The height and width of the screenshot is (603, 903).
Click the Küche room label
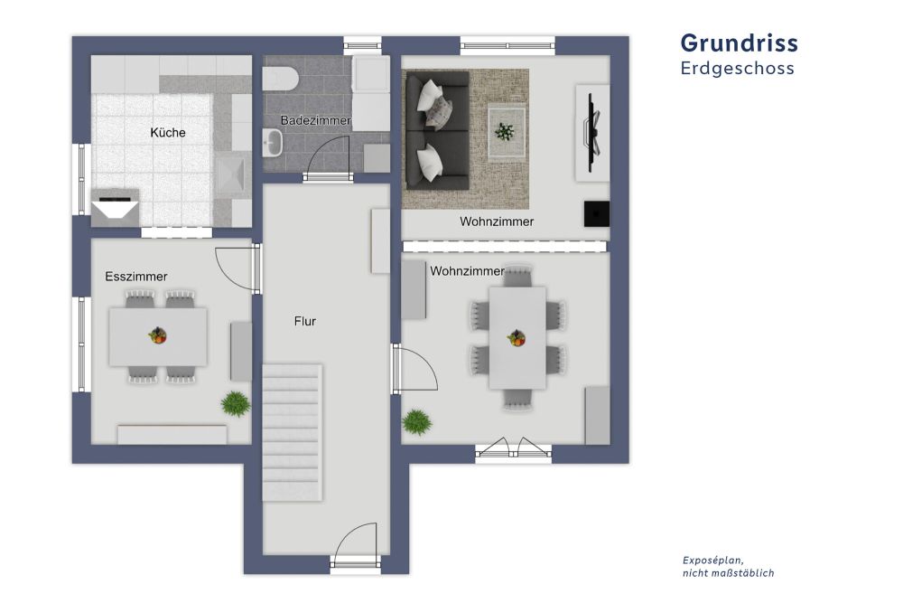click(168, 133)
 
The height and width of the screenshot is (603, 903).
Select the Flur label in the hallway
click(304, 320)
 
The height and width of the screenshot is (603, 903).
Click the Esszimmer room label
click(136, 277)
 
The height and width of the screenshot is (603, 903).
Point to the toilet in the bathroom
click(281, 78)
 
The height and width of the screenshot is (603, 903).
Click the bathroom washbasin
click(274, 140)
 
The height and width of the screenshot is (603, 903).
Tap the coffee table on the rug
click(507, 132)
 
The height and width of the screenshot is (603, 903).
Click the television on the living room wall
click(592, 131)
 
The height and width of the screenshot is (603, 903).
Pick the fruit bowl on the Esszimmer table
click(158, 336)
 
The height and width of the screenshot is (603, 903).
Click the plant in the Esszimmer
click(235, 403)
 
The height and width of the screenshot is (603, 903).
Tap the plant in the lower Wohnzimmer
click(416, 421)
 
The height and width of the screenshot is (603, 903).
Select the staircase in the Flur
click(291, 432)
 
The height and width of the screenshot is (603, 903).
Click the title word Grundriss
click(739, 43)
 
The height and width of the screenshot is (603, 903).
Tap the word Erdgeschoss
click(737, 69)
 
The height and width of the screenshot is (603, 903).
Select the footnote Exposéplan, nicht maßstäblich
click(728, 566)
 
